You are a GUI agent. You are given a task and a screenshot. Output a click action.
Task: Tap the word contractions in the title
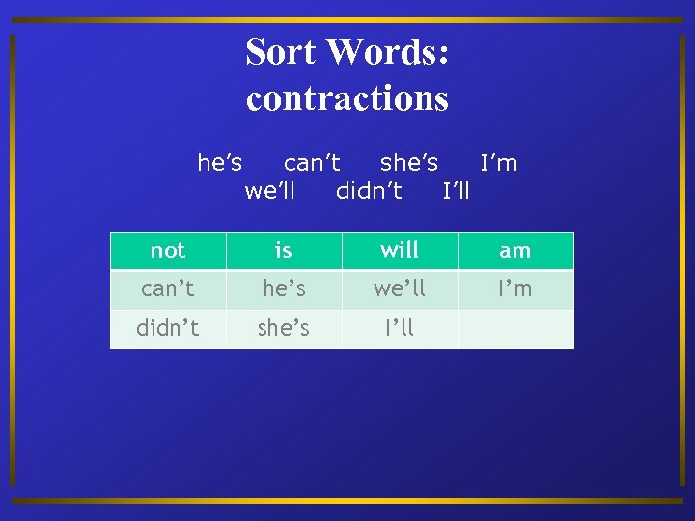pyautogui.click(x=347, y=98)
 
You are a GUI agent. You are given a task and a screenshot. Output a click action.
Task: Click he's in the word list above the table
pyautogui.click(x=219, y=162)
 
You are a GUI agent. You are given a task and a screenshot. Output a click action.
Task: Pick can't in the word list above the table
pyautogui.click(x=312, y=162)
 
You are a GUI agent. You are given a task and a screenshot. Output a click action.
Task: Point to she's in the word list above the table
pyautogui.click(x=409, y=162)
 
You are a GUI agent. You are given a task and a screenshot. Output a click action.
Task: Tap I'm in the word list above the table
pyautogui.click(x=499, y=162)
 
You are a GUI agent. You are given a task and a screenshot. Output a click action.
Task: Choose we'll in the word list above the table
pyautogui.click(x=270, y=190)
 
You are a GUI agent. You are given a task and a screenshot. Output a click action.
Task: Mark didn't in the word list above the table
pyautogui.click(x=369, y=190)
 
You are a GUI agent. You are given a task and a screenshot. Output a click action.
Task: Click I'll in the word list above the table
pyautogui.click(x=456, y=190)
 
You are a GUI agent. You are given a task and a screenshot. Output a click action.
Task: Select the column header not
pyautogui.click(x=168, y=251)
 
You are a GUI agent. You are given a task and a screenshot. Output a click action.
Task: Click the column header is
pyautogui.click(x=284, y=251)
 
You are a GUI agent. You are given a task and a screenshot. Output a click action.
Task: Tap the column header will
pyautogui.click(x=400, y=251)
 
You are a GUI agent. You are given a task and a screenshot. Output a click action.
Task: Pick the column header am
pyautogui.click(x=515, y=251)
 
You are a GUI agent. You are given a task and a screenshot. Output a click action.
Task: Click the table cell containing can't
pyautogui.click(x=168, y=289)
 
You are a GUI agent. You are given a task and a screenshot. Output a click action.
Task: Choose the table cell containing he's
pyautogui.click(x=284, y=289)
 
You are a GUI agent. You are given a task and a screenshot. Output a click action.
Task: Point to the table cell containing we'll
pyautogui.click(x=400, y=289)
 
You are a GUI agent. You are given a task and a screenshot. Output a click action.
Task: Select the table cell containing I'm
pyautogui.click(x=515, y=289)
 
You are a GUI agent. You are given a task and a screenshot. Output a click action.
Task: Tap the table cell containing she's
pyautogui.click(x=284, y=328)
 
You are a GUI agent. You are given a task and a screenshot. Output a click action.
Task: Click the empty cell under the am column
pyautogui.click(x=515, y=328)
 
